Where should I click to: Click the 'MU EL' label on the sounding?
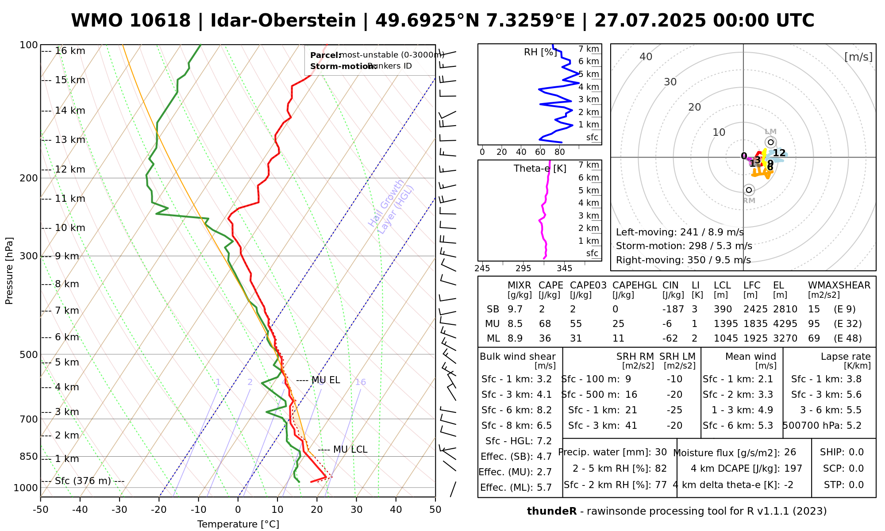point(326,380)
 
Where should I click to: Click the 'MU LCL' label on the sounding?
point(350,450)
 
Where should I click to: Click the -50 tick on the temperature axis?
point(40,510)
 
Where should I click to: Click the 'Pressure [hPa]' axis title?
point(9,271)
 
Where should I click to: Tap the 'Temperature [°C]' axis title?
point(238,524)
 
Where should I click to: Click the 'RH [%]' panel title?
point(540,52)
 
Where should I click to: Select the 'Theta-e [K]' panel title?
point(540,169)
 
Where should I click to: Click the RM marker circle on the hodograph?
point(749,190)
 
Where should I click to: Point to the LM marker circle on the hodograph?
point(770,142)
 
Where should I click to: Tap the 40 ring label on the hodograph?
point(646,57)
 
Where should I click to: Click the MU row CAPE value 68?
point(545,324)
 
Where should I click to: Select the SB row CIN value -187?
point(673,309)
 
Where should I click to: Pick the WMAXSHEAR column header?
point(839,285)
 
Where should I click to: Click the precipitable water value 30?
point(661,452)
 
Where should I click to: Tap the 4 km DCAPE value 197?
point(793,469)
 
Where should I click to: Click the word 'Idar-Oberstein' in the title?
point(283,21)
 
